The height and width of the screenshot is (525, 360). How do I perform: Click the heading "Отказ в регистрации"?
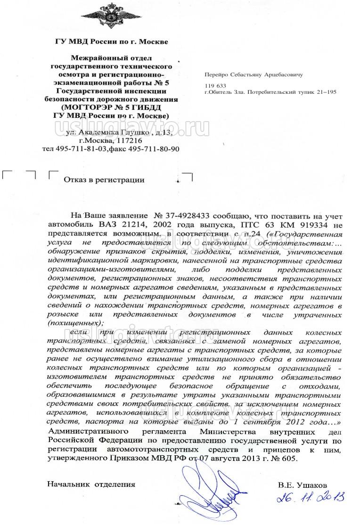[x=104, y=180]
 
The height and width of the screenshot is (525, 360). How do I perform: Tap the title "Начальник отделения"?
[x=91, y=484]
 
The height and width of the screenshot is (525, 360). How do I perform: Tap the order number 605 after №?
[x=291, y=458]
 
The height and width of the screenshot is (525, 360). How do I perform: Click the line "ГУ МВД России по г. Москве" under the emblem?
[x=111, y=41]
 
